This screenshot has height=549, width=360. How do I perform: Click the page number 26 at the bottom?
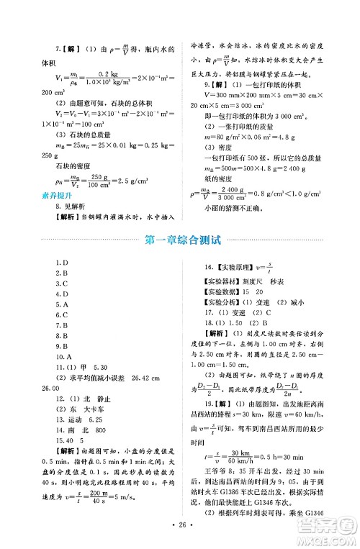[x=180, y=535]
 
